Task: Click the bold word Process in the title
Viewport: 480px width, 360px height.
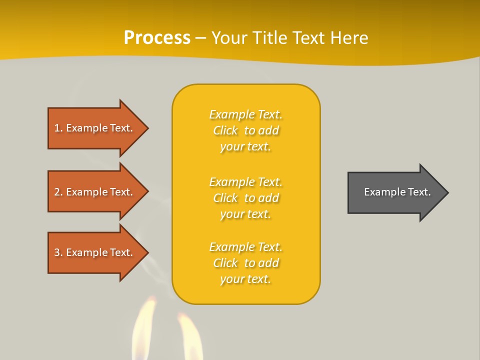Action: pyautogui.click(x=157, y=38)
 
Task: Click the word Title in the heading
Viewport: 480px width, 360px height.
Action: pyautogui.click(x=270, y=38)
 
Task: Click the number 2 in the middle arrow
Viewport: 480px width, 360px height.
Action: pyautogui.click(x=57, y=192)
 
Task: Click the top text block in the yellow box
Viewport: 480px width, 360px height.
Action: pyautogui.click(x=245, y=130)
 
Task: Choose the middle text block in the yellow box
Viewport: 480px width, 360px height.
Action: pyautogui.click(x=245, y=198)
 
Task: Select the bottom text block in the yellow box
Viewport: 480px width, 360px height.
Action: pyautogui.click(x=245, y=263)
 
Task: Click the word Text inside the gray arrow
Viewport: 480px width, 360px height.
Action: pyautogui.click(x=419, y=192)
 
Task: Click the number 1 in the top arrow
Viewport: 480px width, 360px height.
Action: pyautogui.click(x=57, y=128)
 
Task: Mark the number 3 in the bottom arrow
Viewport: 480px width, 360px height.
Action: pyautogui.click(x=57, y=252)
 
